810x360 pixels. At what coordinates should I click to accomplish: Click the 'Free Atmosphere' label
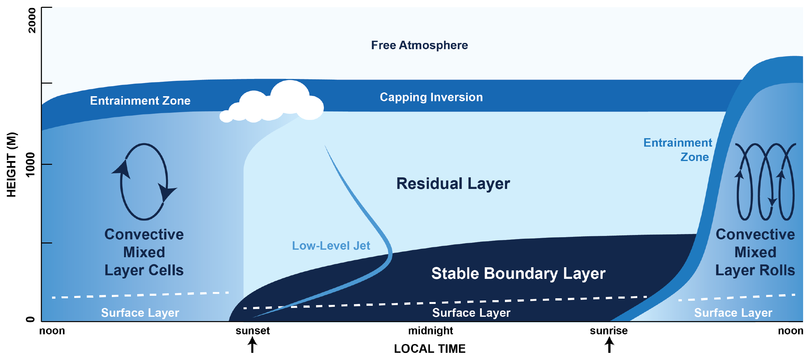pos(419,45)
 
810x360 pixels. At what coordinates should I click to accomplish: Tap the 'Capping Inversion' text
pos(431,97)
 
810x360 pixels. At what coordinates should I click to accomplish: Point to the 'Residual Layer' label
pos(453,184)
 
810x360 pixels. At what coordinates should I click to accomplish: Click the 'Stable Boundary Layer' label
pos(518,273)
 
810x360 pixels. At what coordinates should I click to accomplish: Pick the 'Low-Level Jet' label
pos(331,246)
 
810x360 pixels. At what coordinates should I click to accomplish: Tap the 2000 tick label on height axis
pos(32,20)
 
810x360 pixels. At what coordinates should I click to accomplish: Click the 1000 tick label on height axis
pos(30,165)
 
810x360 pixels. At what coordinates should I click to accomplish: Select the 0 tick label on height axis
pos(30,320)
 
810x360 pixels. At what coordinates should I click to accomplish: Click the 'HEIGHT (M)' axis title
pos(11,165)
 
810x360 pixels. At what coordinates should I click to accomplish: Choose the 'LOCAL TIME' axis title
pos(429,349)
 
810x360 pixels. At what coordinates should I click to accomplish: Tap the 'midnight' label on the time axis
pos(430,331)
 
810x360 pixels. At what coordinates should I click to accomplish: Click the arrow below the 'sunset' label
pos(252,345)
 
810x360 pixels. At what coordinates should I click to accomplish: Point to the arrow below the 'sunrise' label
pos(609,345)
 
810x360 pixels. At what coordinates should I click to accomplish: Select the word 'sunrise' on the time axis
pos(609,331)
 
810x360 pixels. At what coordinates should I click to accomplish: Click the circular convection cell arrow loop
pos(144,182)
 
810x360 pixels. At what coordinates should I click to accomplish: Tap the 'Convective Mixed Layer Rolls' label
pos(755,252)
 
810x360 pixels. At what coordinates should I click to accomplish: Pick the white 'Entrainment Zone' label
pos(140,101)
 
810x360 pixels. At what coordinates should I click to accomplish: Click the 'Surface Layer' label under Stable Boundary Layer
pos(471,312)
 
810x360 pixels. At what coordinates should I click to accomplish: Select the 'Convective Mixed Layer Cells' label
pos(144,252)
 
